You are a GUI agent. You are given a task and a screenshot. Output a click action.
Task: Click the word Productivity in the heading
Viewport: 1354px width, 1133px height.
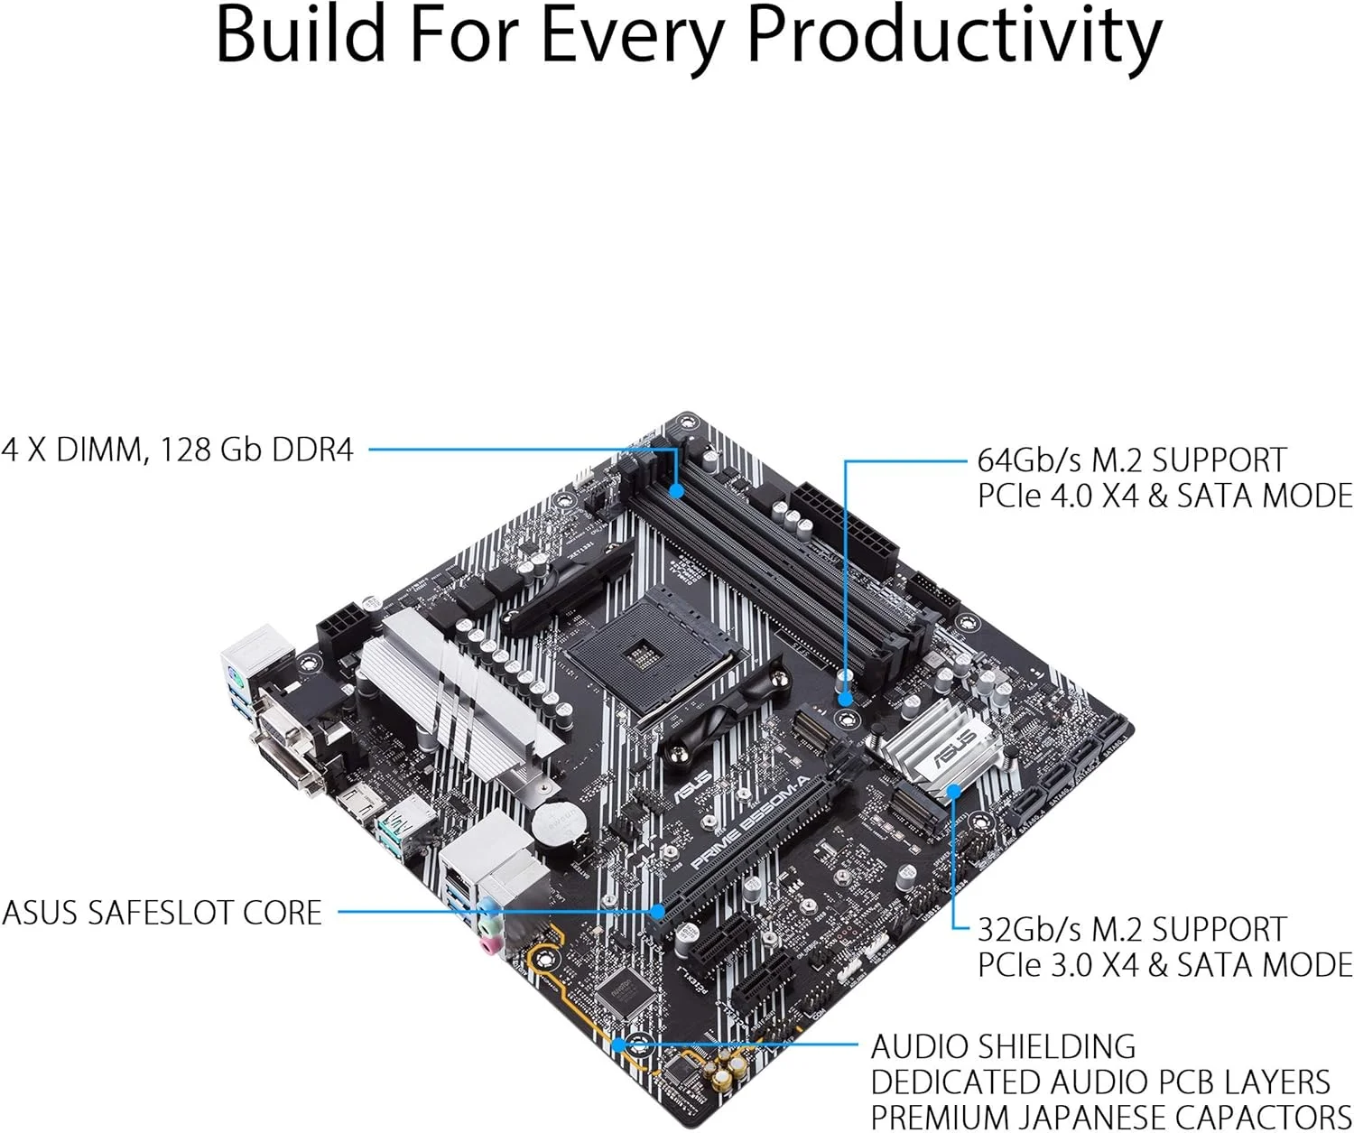[954, 36]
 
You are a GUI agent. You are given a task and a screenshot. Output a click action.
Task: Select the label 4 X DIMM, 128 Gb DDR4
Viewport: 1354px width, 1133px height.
[178, 449]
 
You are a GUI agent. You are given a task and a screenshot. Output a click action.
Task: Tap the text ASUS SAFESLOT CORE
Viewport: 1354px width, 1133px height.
[162, 913]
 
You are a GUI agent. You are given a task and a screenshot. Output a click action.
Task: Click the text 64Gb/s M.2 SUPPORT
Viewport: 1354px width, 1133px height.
[1132, 460]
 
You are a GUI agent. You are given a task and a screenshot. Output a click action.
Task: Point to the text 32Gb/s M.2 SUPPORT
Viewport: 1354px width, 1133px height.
[1132, 930]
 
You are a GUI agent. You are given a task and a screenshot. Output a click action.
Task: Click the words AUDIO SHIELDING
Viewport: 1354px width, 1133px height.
[1003, 1046]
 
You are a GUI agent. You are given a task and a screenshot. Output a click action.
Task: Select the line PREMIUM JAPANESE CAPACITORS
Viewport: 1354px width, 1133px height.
[1110, 1116]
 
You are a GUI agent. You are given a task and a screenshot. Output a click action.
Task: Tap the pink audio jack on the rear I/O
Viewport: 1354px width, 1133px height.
[488, 944]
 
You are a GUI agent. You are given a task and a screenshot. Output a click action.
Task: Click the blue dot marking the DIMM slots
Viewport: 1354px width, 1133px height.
[676, 491]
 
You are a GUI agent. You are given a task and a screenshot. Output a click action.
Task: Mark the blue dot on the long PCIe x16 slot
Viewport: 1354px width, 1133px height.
[658, 912]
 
